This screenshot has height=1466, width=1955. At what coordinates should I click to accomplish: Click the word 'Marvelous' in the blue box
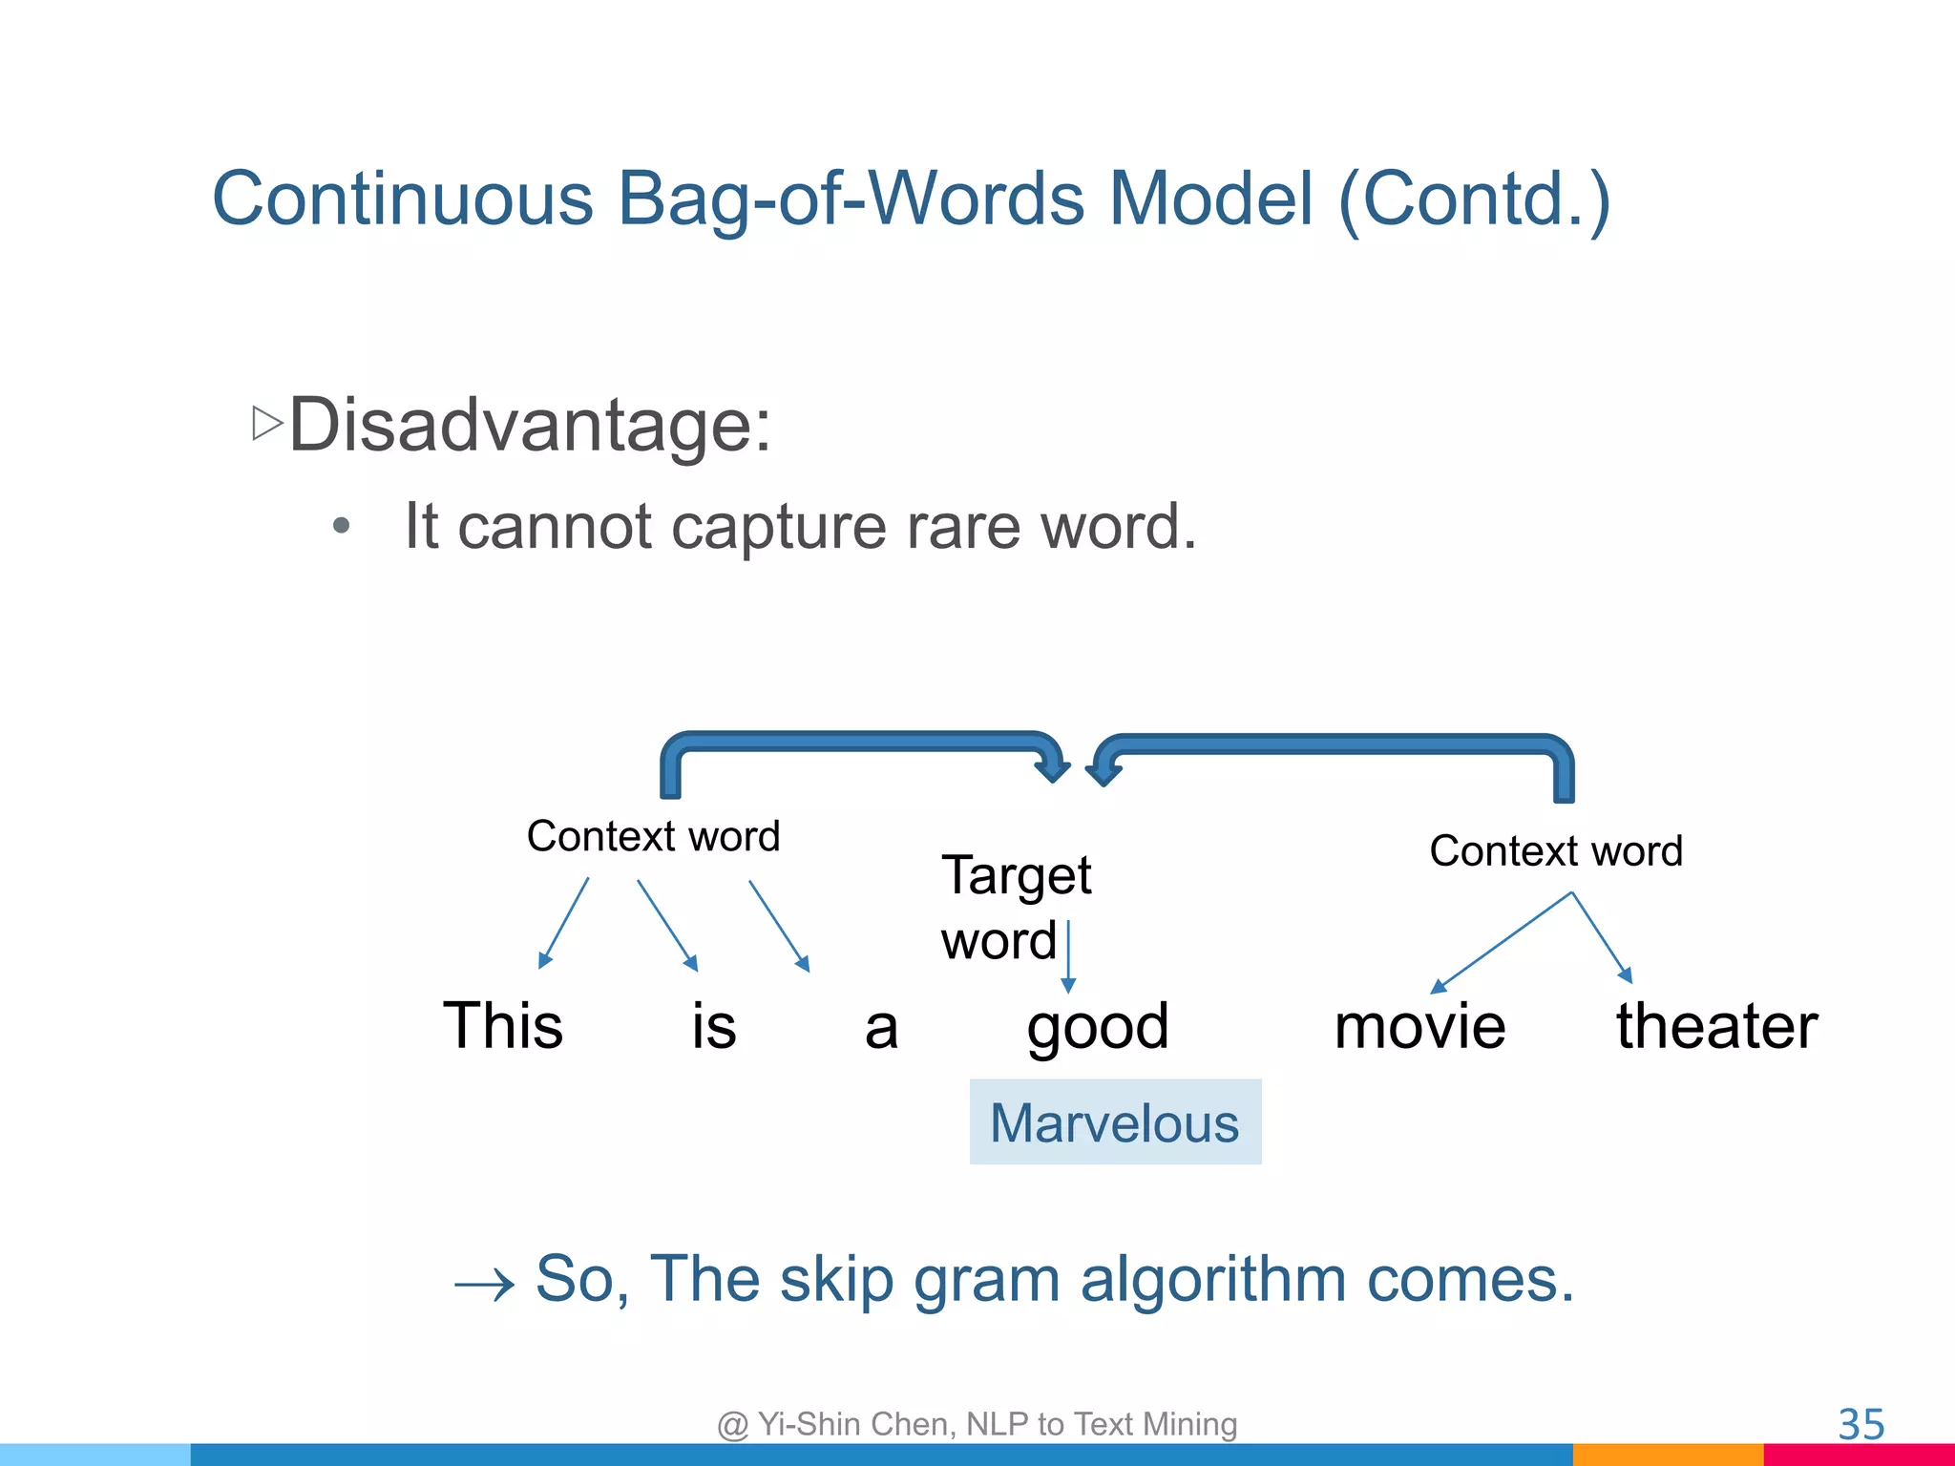1114,1123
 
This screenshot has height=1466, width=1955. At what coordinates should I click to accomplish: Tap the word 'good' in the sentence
1098,1027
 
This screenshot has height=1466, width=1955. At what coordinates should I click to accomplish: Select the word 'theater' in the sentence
1716,1026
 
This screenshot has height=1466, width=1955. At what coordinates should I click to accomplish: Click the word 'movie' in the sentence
1419,1027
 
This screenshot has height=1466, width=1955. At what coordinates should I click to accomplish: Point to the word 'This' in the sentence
503,1026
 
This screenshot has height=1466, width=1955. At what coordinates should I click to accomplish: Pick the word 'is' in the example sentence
714,1027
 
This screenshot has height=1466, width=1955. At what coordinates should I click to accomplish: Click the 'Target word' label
1015,907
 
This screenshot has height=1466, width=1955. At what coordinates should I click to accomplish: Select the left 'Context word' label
653,836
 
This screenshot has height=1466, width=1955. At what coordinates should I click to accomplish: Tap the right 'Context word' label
1555,850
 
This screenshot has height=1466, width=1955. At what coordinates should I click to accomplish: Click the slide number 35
1860,1425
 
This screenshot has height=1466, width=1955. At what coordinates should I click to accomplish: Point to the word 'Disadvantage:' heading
530,425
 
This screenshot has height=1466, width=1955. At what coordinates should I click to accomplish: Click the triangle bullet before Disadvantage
267,423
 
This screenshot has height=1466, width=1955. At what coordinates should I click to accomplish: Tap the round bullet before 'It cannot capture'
342,526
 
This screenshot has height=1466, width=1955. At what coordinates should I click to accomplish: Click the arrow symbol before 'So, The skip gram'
484,1287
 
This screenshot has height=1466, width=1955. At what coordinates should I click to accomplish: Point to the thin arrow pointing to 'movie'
1503,942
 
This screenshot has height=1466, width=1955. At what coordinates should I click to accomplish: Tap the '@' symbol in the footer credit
732,1425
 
